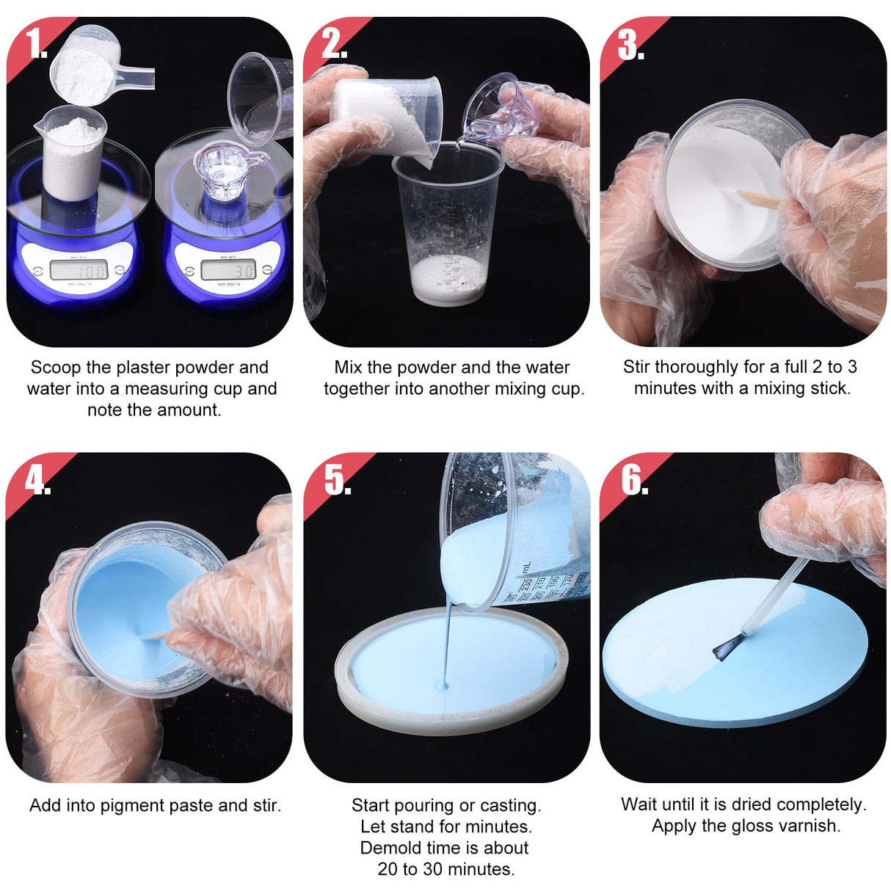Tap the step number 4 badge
(37, 481)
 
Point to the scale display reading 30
(228, 270)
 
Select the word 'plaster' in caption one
(146, 367)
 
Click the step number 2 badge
(334, 44)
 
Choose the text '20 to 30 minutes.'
(446, 870)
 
